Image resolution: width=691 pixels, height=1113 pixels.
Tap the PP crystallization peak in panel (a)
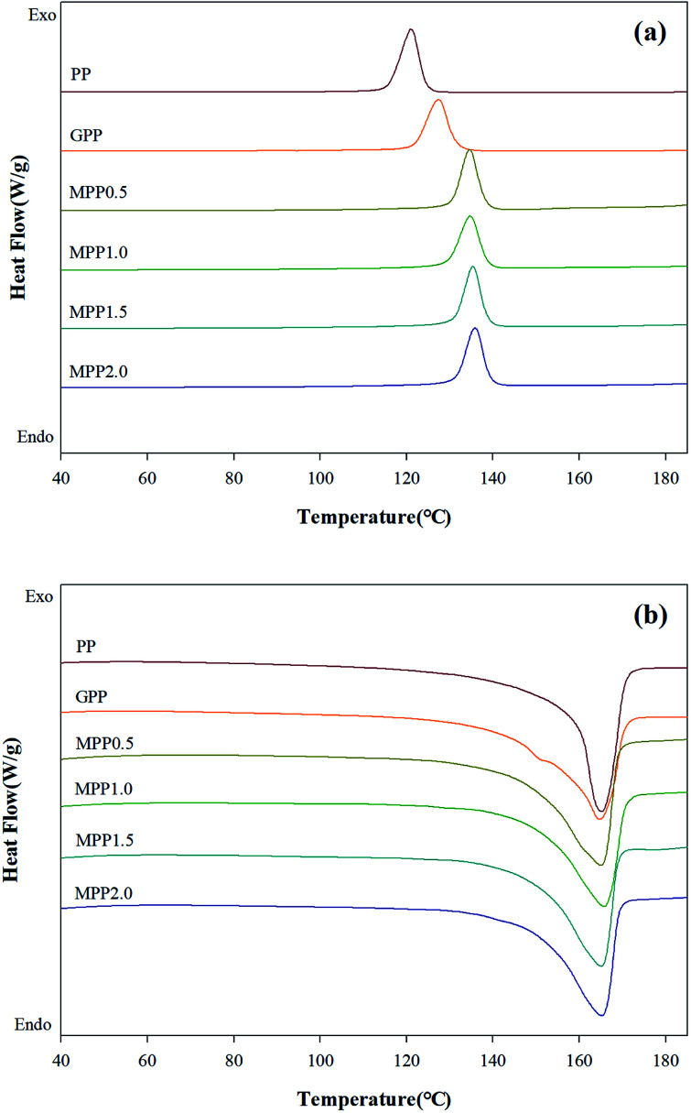(x=411, y=31)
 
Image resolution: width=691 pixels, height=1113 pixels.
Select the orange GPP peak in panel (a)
(x=438, y=101)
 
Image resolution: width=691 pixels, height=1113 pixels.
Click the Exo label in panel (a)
(x=34, y=15)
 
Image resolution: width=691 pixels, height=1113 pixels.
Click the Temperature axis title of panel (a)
(x=374, y=517)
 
